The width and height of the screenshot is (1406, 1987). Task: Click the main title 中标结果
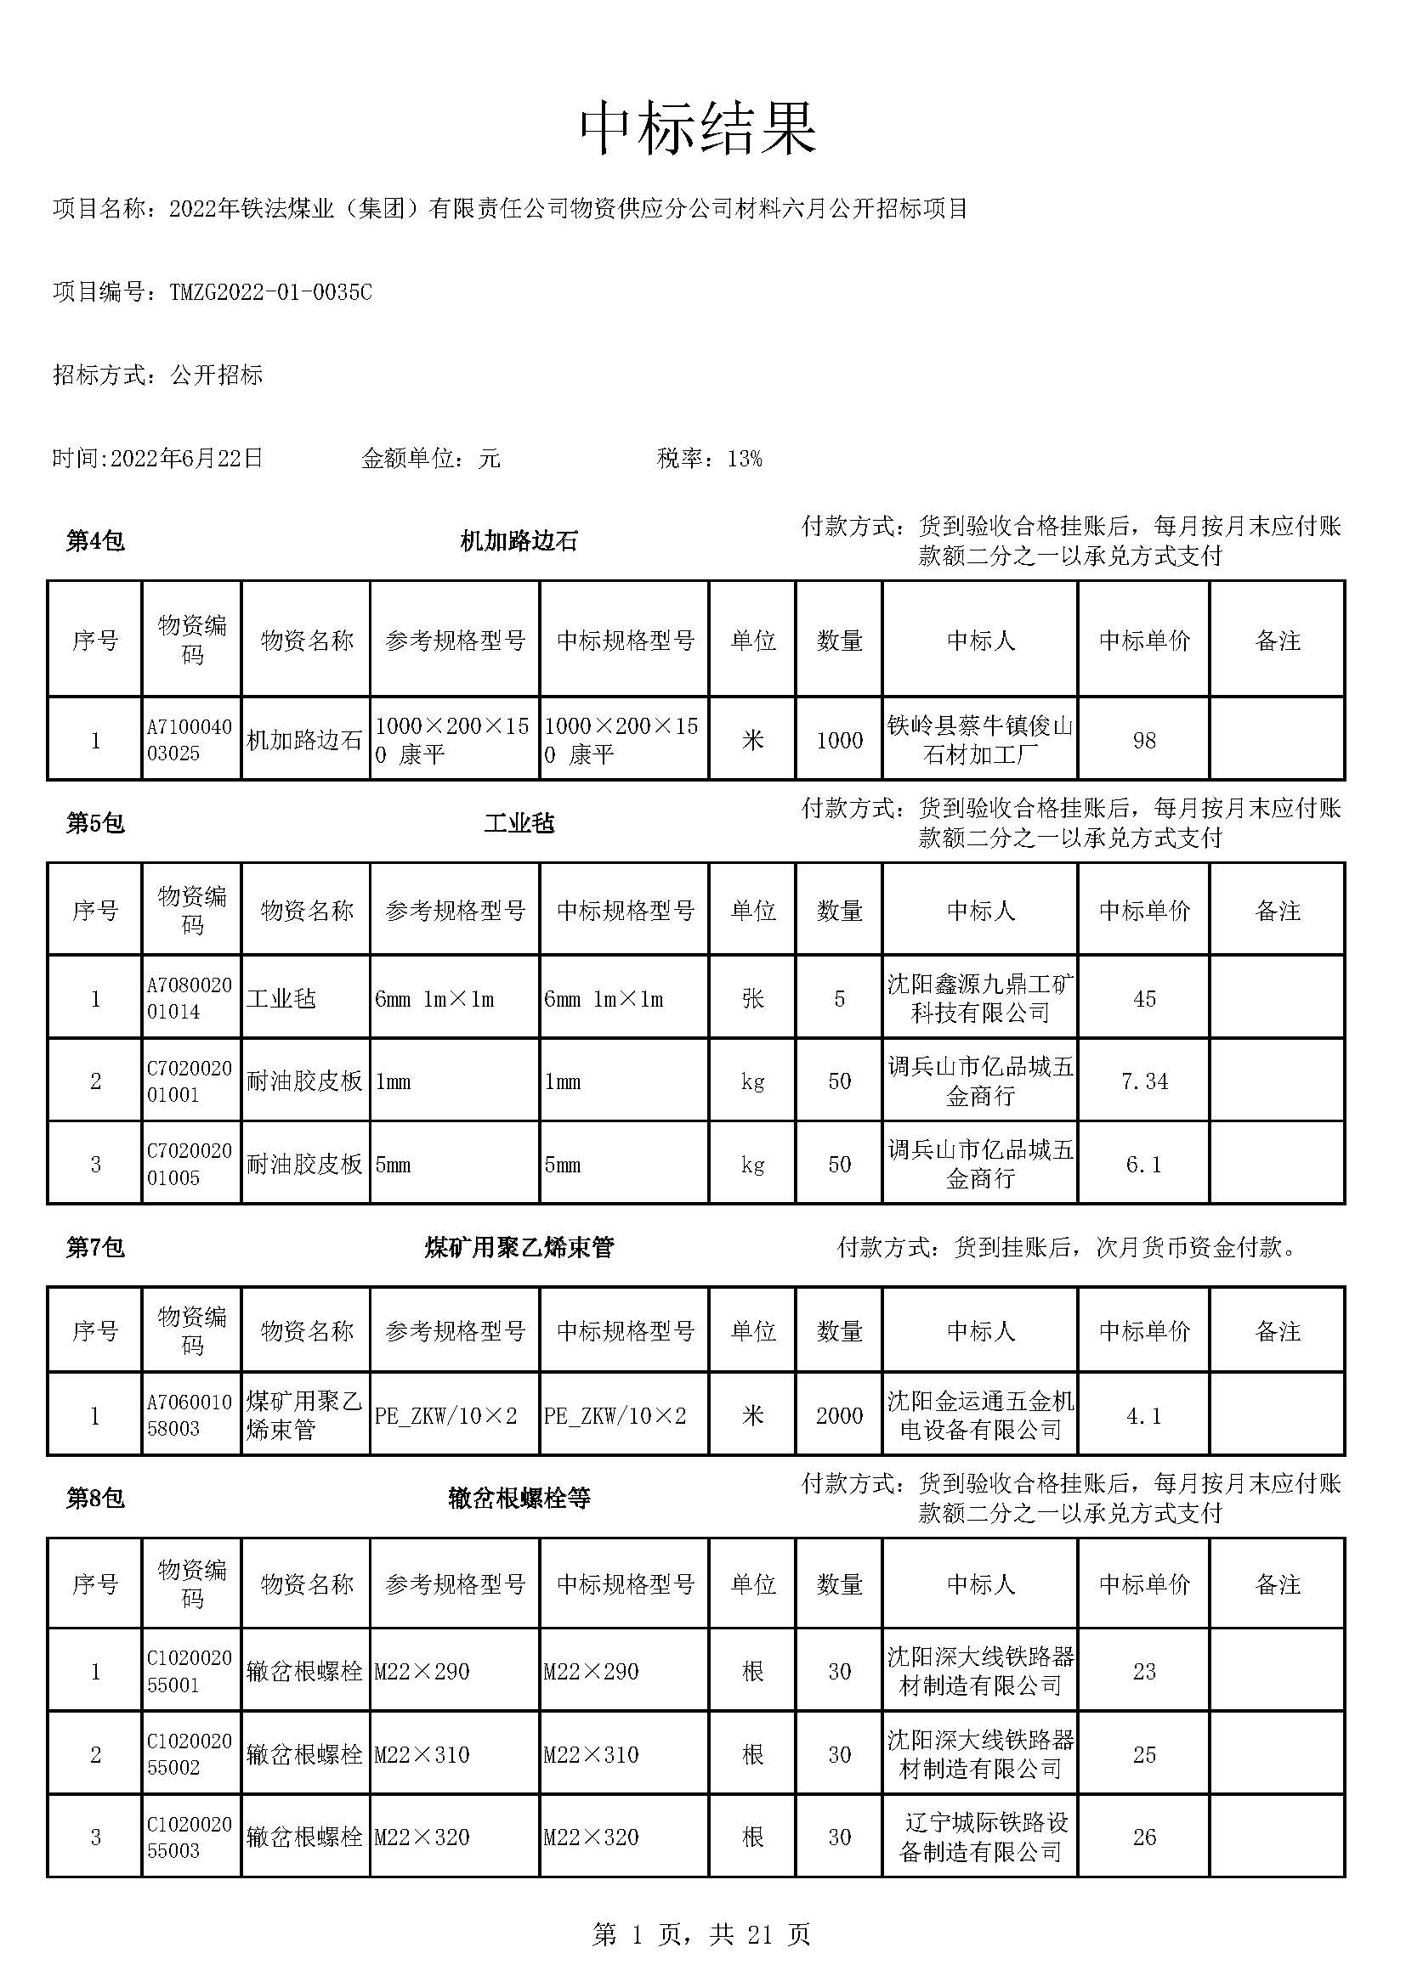[698, 130]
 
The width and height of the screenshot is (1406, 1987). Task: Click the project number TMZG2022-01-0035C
[270, 292]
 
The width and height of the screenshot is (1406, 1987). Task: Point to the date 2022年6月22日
[186, 459]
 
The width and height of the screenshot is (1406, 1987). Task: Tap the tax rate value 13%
[745, 459]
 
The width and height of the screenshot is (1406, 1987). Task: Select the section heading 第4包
[95, 542]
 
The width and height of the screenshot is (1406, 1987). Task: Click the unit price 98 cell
[1143, 740]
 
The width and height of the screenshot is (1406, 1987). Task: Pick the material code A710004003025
[190, 740]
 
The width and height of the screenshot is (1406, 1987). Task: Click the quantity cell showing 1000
[839, 740]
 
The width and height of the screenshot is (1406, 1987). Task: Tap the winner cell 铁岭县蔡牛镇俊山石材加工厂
[979, 740]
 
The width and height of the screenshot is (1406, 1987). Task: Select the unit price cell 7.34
[1143, 1081]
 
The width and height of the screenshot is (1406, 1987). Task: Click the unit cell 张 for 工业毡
[752, 999]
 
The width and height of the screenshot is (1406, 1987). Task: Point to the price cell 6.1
[1143, 1164]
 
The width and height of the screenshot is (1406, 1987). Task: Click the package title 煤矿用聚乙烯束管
[519, 1247]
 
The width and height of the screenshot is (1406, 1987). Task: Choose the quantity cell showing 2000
[839, 1416]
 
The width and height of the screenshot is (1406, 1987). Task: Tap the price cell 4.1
[1143, 1416]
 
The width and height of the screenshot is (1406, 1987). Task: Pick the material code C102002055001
[190, 1671]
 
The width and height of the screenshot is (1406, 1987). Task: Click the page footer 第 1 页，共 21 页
[701, 1934]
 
